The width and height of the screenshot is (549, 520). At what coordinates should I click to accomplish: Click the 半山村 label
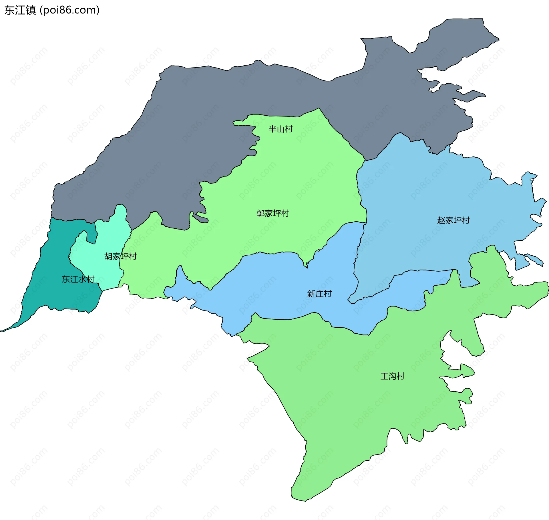click(x=281, y=129)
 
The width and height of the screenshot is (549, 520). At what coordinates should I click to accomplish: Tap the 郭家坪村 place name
click(x=273, y=213)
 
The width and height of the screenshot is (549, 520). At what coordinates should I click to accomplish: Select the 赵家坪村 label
click(x=453, y=220)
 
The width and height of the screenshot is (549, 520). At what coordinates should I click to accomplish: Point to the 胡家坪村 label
click(x=120, y=256)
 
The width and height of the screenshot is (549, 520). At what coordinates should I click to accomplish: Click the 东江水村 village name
click(x=78, y=279)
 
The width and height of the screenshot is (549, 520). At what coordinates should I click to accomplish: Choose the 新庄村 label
click(x=319, y=294)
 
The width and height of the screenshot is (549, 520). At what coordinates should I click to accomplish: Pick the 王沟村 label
click(x=392, y=376)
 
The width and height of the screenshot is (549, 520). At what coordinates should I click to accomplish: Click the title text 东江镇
click(x=20, y=10)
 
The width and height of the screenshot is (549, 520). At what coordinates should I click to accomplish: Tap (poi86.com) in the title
click(x=69, y=10)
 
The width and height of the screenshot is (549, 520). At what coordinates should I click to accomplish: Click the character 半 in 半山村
click(x=272, y=129)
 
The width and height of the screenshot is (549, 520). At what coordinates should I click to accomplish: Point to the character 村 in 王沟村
click(x=401, y=376)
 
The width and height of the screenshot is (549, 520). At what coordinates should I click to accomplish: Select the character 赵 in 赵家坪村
click(x=441, y=220)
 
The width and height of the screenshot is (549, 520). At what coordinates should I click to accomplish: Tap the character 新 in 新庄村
click(x=311, y=294)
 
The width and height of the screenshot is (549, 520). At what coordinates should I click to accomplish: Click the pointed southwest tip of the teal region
click(x=2, y=331)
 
